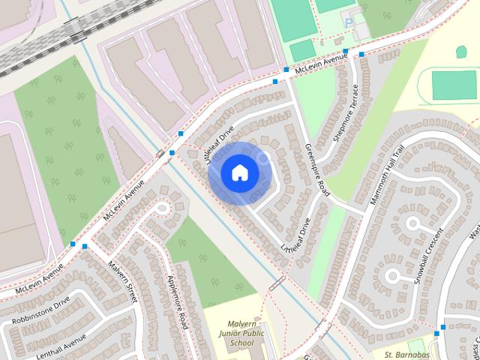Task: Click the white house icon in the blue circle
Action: (x=239, y=173)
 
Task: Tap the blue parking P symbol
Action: (x=346, y=13)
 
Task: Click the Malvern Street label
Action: (x=122, y=281)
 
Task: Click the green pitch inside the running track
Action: (x=454, y=85)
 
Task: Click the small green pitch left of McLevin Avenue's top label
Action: (x=302, y=49)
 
